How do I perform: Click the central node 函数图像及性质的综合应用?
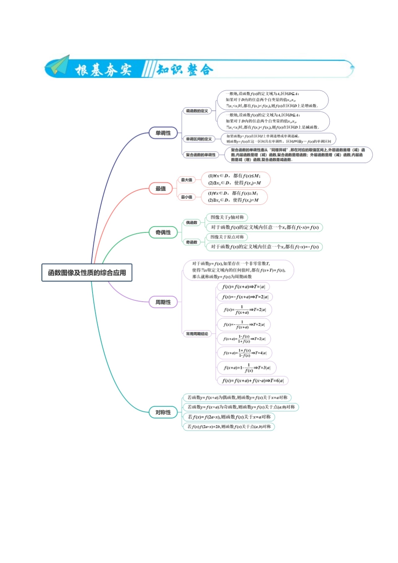click(87, 272)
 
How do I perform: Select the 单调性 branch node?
click(163, 133)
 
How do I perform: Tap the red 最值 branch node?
click(161, 189)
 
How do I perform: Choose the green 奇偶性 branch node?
click(163, 232)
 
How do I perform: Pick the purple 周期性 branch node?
click(163, 302)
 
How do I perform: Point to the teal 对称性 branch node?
click(163, 412)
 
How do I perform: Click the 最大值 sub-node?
click(186, 180)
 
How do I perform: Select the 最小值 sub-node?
click(186, 197)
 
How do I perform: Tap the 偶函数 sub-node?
click(191, 222)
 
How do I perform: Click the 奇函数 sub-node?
click(191, 242)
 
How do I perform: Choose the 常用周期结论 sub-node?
click(197, 334)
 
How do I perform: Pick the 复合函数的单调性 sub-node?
click(201, 155)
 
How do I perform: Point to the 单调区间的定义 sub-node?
click(199, 139)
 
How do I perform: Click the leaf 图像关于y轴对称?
click(227, 217)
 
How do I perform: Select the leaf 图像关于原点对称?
click(227, 237)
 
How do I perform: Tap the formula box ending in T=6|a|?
click(253, 381)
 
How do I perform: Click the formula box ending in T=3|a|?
click(247, 368)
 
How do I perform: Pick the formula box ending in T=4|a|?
click(245, 353)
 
